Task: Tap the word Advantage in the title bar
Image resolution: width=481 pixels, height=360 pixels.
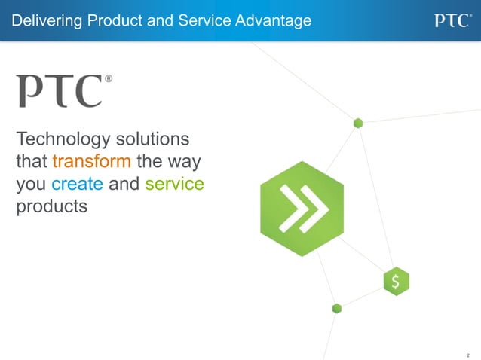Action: pyautogui.click(x=274, y=21)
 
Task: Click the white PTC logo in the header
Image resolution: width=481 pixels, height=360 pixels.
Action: pyautogui.click(x=452, y=20)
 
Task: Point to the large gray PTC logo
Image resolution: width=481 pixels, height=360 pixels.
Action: pyautogui.click(x=60, y=90)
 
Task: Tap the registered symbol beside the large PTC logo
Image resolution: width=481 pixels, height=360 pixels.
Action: pyautogui.click(x=109, y=78)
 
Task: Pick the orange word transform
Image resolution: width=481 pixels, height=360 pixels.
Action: pyautogui.click(x=91, y=162)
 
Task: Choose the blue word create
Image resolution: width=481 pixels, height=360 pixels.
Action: pyautogui.click(x=77, y=184)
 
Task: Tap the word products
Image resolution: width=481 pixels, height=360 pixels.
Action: pyautogui.click(x=51, y=206)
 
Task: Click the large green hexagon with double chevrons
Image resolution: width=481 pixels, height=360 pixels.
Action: pyautogui.click(x=302, y=209)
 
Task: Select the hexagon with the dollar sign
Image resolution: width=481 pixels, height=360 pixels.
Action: pyautogui.click(x=396, y=282)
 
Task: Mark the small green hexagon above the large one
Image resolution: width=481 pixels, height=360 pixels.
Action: pyautogui.click(x=358, y=123)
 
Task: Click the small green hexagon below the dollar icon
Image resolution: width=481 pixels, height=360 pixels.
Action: pyautogui.click(x=336, y=308)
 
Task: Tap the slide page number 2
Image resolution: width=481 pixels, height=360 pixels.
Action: pyautogui.click(x=468, y=354)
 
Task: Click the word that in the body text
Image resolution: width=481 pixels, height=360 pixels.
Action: pyautogui.click(x=31, y=162)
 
